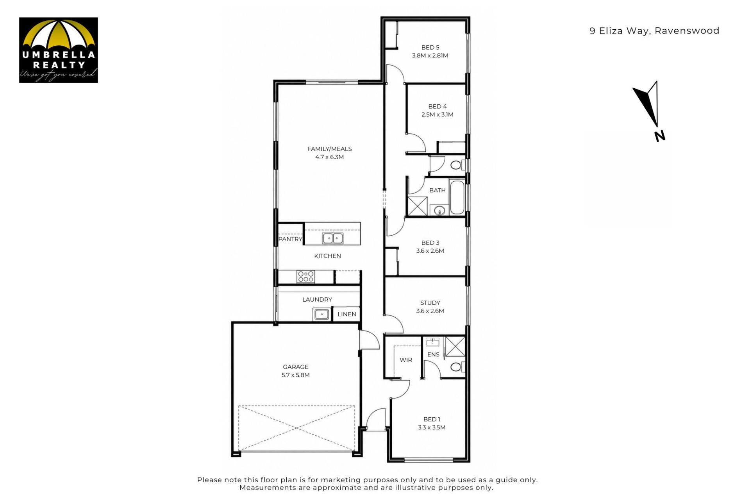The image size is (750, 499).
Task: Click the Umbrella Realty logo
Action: pyautogui.click(x=58, y=50)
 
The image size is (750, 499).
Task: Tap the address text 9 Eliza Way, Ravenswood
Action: pyautogui.click(x=654, y=31)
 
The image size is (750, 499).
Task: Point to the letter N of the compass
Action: pyautogui.click(x=660, y=136)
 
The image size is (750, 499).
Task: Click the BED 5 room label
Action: pyautogui.click(x=430, y=47)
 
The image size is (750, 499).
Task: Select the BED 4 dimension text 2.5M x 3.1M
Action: pyautogui.click(x=437, y=114)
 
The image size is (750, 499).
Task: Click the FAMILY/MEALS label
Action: pyautogui.click(x=329, y=149)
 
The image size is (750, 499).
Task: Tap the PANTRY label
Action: pyautogui.click(x=290, y=239)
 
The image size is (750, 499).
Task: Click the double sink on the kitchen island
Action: pyautogui.click(x=333, y=238)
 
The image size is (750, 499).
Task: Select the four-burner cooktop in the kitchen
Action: pyautogui.click(x=305, y=277)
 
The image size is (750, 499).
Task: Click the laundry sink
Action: pyautogui.click(x=321, y=314)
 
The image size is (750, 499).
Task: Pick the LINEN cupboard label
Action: pyautogui.click(x=347, y=314)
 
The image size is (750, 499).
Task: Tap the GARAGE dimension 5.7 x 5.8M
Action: pyautogui.click(x=296, y=375)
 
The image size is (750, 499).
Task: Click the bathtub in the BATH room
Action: pyautogui.click(x=457, y=197)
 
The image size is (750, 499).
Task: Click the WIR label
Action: pyautogui.click(x=406, y=360)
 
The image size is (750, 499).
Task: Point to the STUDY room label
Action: pyautogui.click(x=430, y=303)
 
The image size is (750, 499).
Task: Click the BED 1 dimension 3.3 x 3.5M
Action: pyautogui.click(x=432, y=427)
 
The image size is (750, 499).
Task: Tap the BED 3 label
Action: pyautogui.click(x=430, y=243)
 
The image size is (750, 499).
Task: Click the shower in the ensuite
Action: pyautogui.click(x=455, y=346)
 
